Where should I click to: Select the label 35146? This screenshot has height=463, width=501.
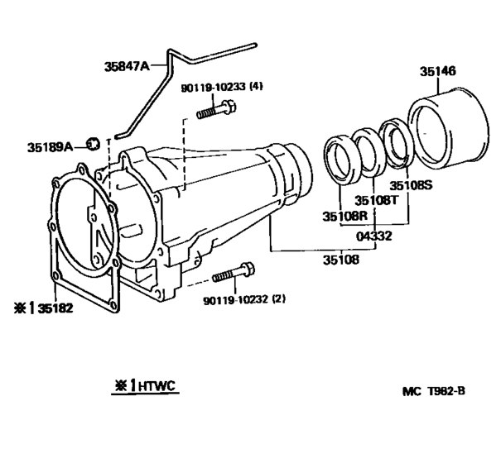[438, 73]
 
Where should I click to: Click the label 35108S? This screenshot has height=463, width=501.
[412, 185]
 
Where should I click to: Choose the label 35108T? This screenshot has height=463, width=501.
[376, 200]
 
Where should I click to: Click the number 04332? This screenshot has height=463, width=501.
[373, 236]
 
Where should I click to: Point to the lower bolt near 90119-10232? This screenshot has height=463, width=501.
[234, 274]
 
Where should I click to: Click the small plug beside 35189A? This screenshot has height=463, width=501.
[94, 145]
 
